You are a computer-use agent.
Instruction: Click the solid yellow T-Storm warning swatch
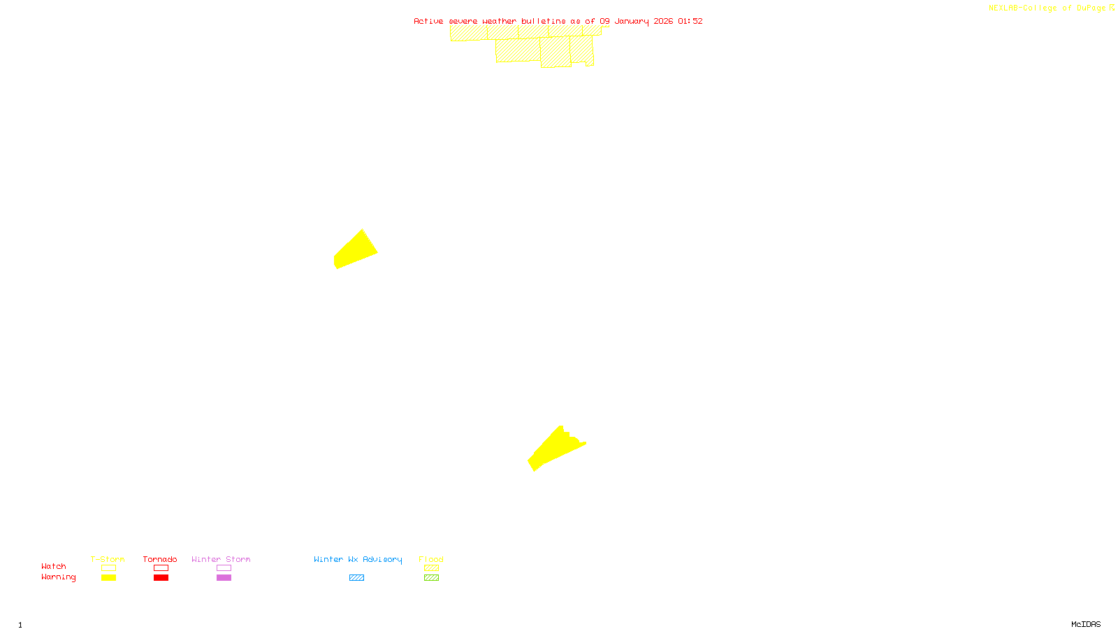tap(108, 578)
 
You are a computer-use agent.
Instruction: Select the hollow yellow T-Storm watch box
tap(108, 568)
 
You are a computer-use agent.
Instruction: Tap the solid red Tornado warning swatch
tap(161, 578)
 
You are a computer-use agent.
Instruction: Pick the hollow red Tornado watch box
tap(161, 568)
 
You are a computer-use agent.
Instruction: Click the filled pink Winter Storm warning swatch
tap(224, 578)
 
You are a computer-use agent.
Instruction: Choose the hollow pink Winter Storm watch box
tap(224, 568)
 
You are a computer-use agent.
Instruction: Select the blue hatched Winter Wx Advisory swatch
tap(356, 578)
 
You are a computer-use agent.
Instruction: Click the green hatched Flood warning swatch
tap(431, 578)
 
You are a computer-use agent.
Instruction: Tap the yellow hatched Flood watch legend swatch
tap(431, 568)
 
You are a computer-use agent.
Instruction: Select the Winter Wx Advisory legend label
tap(358, 559)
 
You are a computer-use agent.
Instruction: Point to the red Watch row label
tap(54, 566)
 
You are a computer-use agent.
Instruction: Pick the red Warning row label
tap(59, 577)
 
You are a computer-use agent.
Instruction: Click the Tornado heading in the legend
tap(160, 559)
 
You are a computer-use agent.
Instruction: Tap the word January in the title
tap(632, 21)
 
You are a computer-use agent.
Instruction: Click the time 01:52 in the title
tap(690, 21)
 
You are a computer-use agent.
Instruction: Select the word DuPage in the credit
tap(1091, 8)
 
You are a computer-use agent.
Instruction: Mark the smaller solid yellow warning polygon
tap(355, 250)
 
